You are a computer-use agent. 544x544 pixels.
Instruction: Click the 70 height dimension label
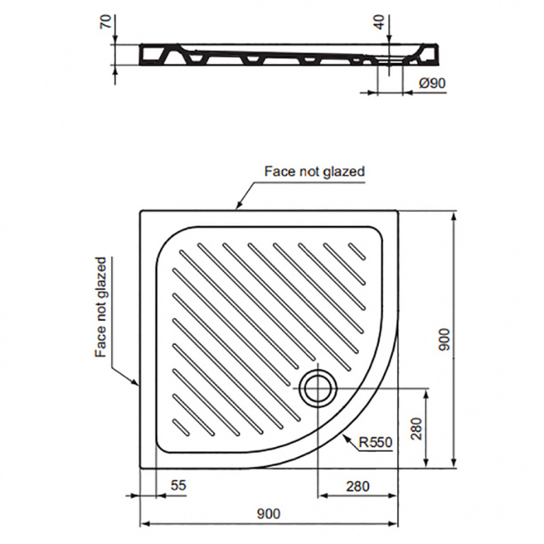point(107,21)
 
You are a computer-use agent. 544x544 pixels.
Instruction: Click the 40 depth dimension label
point(380,22)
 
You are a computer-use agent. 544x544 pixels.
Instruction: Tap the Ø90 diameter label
point(432,84)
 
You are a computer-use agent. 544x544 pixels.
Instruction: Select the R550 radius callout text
point(375,442)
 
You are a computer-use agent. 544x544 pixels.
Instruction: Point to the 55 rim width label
point(179,485)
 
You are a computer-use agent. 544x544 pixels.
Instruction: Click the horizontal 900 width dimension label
point(268,514)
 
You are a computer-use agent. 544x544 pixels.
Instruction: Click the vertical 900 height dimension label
point(444,340)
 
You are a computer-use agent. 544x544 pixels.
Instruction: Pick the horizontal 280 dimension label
point(357,486)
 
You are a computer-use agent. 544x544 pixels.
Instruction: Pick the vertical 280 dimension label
point(417,428)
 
